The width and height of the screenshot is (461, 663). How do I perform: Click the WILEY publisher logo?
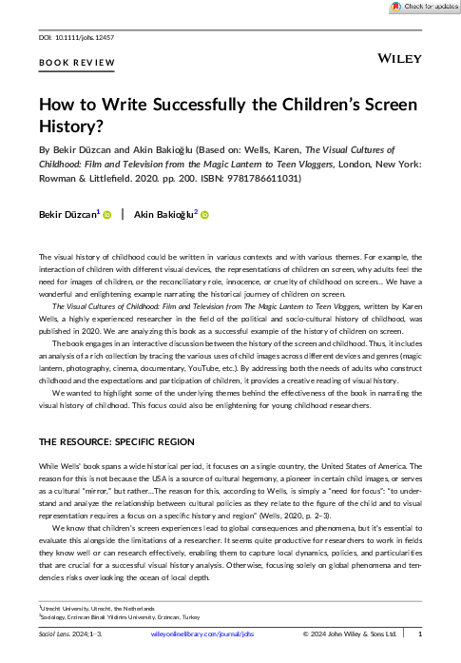point(400,58)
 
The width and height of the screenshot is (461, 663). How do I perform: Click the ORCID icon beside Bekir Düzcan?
point(107,215)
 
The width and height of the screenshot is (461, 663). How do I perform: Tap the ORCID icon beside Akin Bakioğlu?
point(203,215)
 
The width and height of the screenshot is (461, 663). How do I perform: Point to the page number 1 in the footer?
point(420,634)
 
